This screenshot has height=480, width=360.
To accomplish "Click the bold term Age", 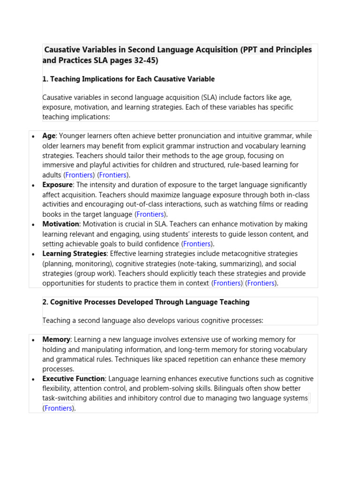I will [49, 136].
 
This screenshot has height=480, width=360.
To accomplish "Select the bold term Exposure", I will [57, 185].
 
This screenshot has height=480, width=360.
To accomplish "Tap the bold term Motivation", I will [61, 224].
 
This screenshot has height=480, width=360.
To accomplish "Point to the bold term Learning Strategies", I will [74, 254].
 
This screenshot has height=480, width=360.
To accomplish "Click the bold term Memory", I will [56, 339].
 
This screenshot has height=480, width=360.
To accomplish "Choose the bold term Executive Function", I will [74, 379].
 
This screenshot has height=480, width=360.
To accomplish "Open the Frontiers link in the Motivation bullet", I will [197, 244].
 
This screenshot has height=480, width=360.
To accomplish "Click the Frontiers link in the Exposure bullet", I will [150, 214].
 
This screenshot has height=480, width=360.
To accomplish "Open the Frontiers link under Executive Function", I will [59, 408].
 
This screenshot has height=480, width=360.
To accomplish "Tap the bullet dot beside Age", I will [32, 136].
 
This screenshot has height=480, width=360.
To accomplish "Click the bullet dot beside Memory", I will [32, 340].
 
